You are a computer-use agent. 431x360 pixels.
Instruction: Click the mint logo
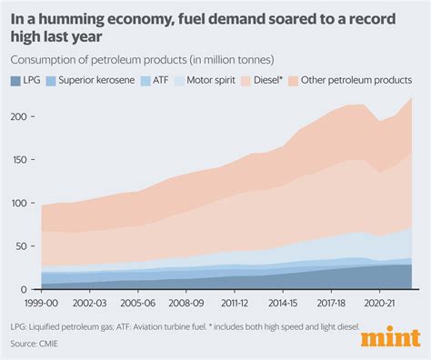[x=388, y=338]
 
